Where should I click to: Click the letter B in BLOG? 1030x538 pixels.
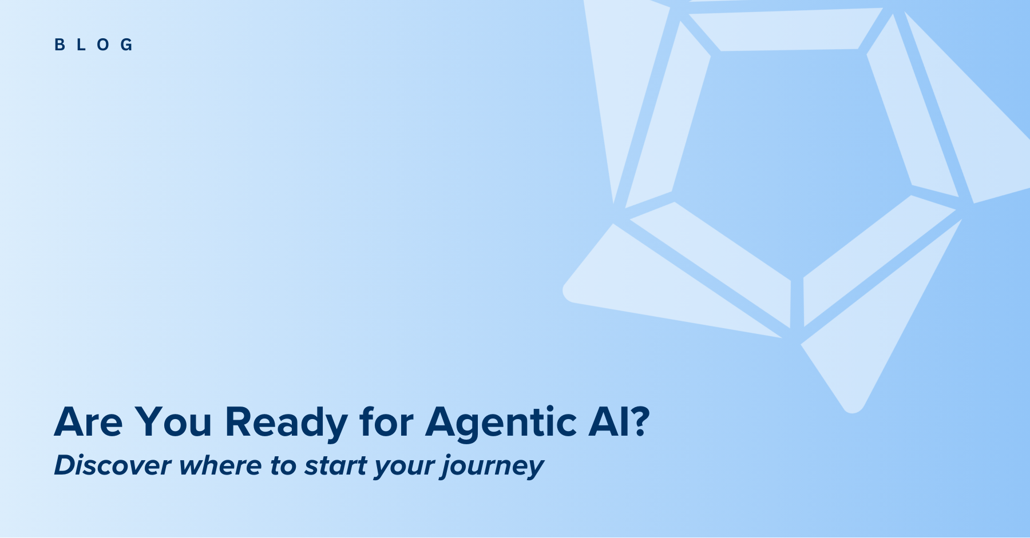(60, 45)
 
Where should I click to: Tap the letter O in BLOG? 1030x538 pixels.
(104, 45)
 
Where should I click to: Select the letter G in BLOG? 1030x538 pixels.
(126, 45)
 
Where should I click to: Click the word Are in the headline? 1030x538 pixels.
(88, 422)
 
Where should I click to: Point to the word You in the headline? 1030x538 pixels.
(173, 422)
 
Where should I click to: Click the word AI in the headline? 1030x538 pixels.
(606, 422)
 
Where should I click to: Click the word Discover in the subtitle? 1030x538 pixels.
(112, 465)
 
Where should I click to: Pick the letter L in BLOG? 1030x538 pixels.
(81, 45)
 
